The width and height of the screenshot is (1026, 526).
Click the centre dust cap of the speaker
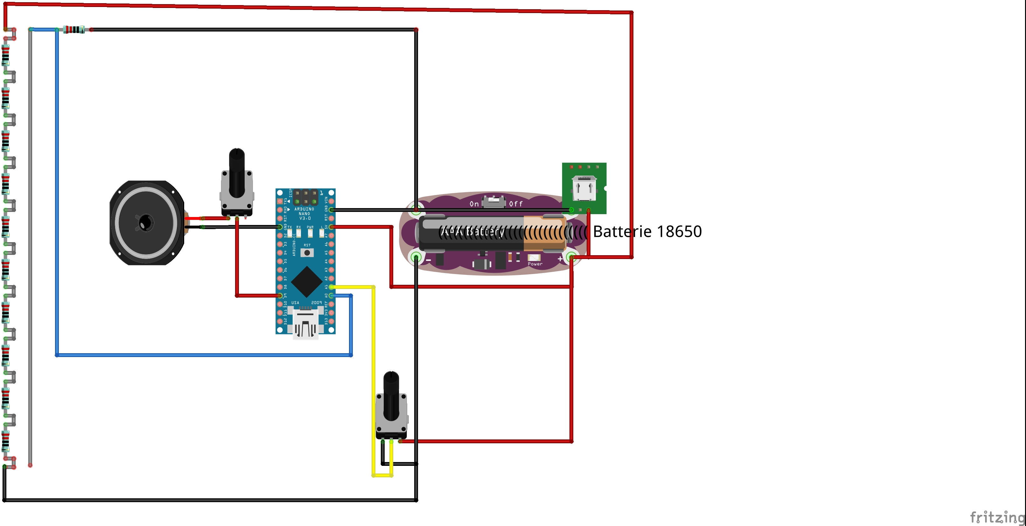click(x=146, y=222)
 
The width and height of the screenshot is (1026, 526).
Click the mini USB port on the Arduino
click(x=305, y=325)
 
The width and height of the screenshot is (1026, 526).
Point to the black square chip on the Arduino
click(x=306, y=282)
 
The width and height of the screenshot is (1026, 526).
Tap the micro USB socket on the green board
click(x=584, y=188)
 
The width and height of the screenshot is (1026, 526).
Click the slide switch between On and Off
click(x=493, y=201)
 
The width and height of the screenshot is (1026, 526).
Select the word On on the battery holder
click(x=474, y=204)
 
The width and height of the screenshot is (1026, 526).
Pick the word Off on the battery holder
click(x=516, y=204)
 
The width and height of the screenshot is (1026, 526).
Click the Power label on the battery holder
click(x=535, y=264)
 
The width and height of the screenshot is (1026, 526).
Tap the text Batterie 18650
click(x=647, y=232)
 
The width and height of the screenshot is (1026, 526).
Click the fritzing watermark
click(x=997, y=517)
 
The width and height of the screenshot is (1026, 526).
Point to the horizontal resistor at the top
click(x=74, y=30)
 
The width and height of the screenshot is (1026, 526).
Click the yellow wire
click(x=373, y=379)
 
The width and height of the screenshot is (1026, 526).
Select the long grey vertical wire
click(x=30, y=247)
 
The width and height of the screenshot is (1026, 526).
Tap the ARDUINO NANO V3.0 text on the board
click(x=304, y=214)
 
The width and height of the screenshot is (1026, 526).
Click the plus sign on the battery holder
click(x=560, y=259)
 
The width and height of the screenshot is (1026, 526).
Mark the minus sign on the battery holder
click(x=429, y=260)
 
